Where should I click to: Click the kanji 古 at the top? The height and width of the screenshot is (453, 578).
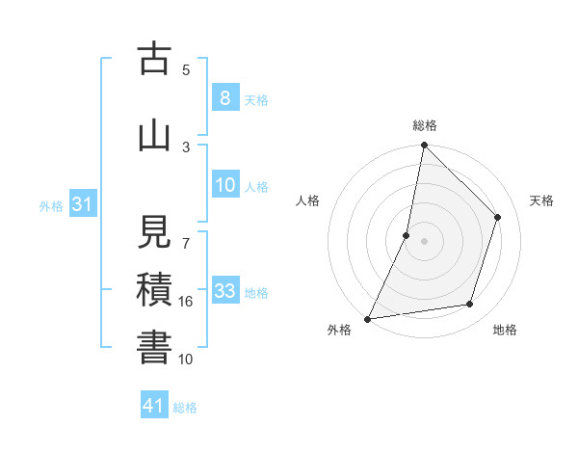pyautogui.click(x=154, y=59)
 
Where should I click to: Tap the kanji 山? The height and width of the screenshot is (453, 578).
pyautogui.click(x=154, y=136)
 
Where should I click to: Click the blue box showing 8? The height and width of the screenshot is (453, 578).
pyautogui.click(x=224, y=98)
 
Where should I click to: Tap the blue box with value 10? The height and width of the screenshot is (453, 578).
pyautogui.click(x=224, y=185)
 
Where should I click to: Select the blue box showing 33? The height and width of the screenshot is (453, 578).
pyautogui.click(x=224, y=291)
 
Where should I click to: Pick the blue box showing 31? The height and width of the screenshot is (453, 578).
pyautogui.click(x=83, y=204)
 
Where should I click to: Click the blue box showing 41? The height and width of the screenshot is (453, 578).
pyautogui.click(x=154, y=406)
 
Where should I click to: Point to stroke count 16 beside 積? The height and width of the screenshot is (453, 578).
pyautogui.click(x=187, y=302)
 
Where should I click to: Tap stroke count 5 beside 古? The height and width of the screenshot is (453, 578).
pyautogui.click(x=187, y=69)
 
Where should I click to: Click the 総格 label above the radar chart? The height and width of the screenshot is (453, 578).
pyautogui.click(x=425, y=125)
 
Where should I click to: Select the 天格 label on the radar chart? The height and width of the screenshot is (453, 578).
pyautogui.click(x=541, y=200)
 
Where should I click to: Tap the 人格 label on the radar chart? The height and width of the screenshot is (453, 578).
pyautogui.click(x=307, y=200)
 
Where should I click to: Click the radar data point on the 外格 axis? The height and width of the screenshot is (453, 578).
pyautogui.click(x=367, y=319)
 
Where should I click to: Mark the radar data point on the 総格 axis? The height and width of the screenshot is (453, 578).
pyautogui.click(x=424, y=145)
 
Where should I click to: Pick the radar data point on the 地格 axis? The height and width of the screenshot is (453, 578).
pyautogui.click(x=470, y=305)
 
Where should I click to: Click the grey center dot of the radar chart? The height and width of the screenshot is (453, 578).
pyautogui.click(x=424, y=241)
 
